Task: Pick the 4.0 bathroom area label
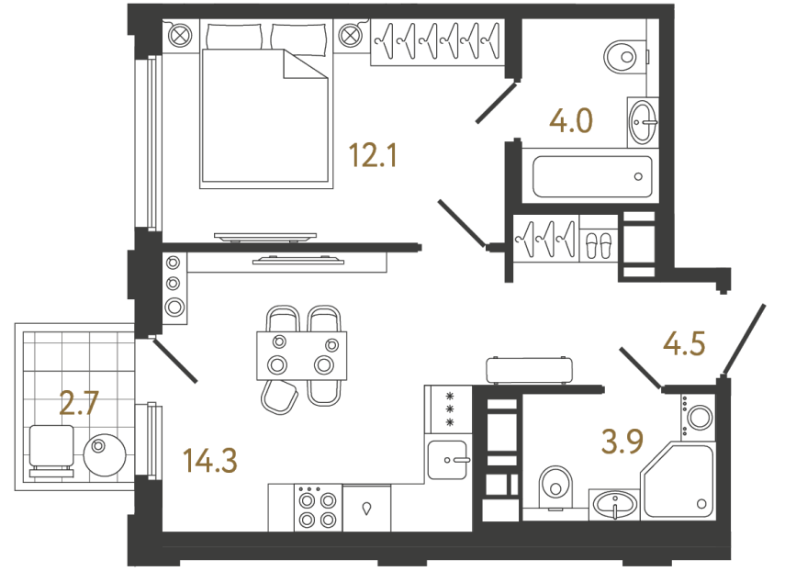click(x=570, y=120)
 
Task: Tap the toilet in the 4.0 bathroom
click(x=625, y=57)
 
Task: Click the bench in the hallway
click(x=530, y=369)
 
